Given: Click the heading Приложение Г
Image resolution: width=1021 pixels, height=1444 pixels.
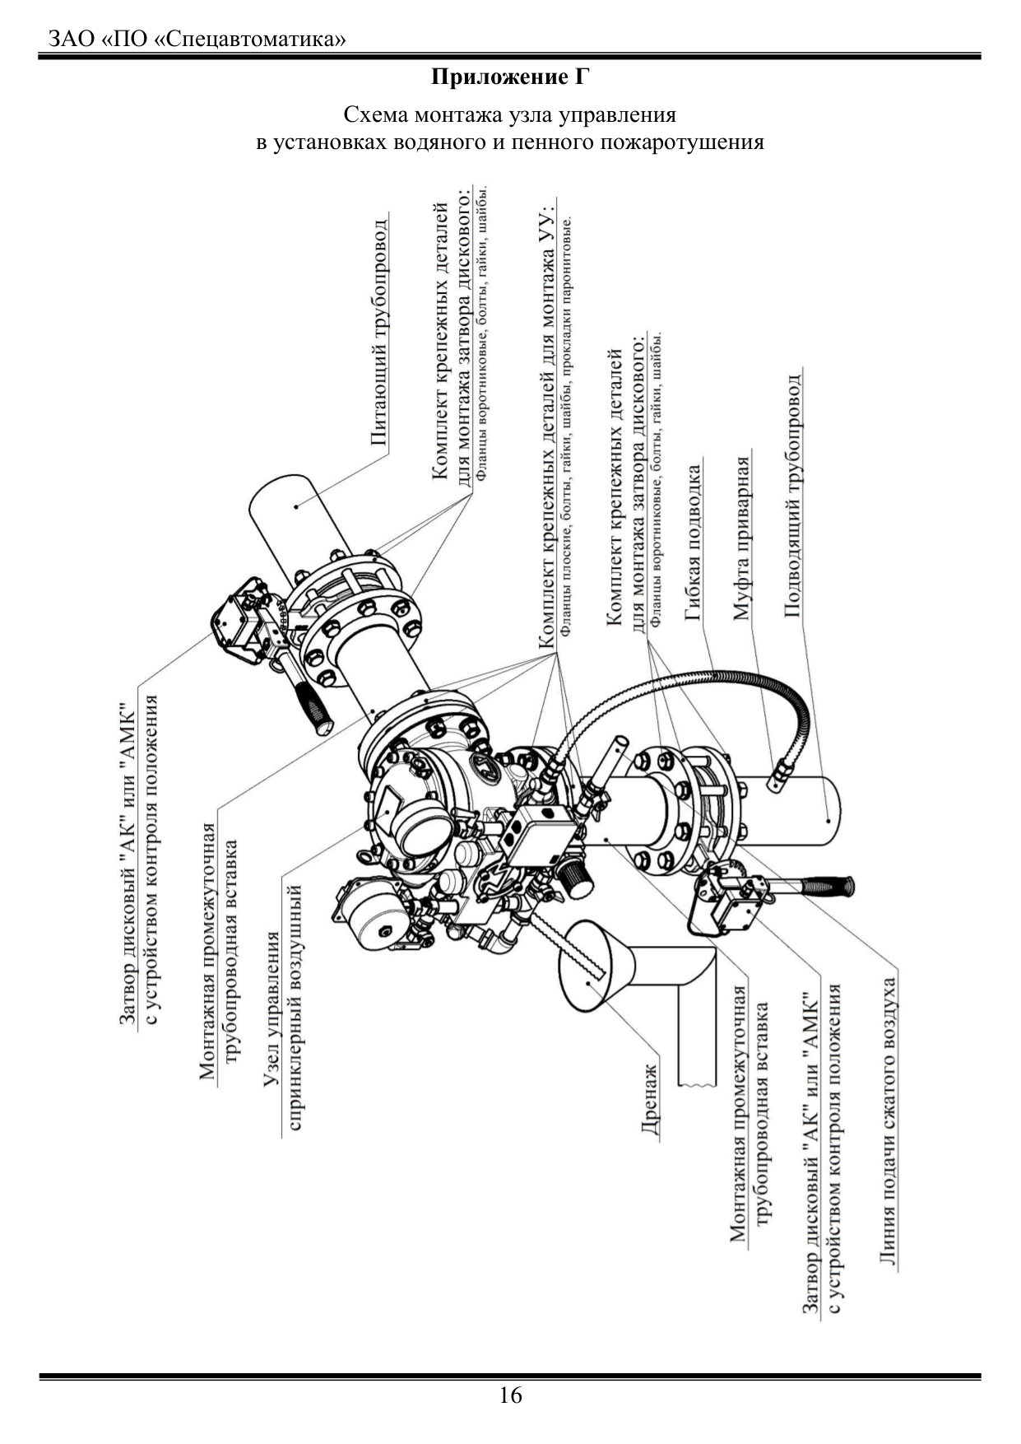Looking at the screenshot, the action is pyautogui.click(x=510, y=78).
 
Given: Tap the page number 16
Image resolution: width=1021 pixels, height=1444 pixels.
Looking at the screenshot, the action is pyautogui.click(x=510, y=1395).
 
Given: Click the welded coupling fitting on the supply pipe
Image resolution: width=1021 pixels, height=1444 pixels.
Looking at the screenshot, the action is pyautogui.click(x=777, y=775).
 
